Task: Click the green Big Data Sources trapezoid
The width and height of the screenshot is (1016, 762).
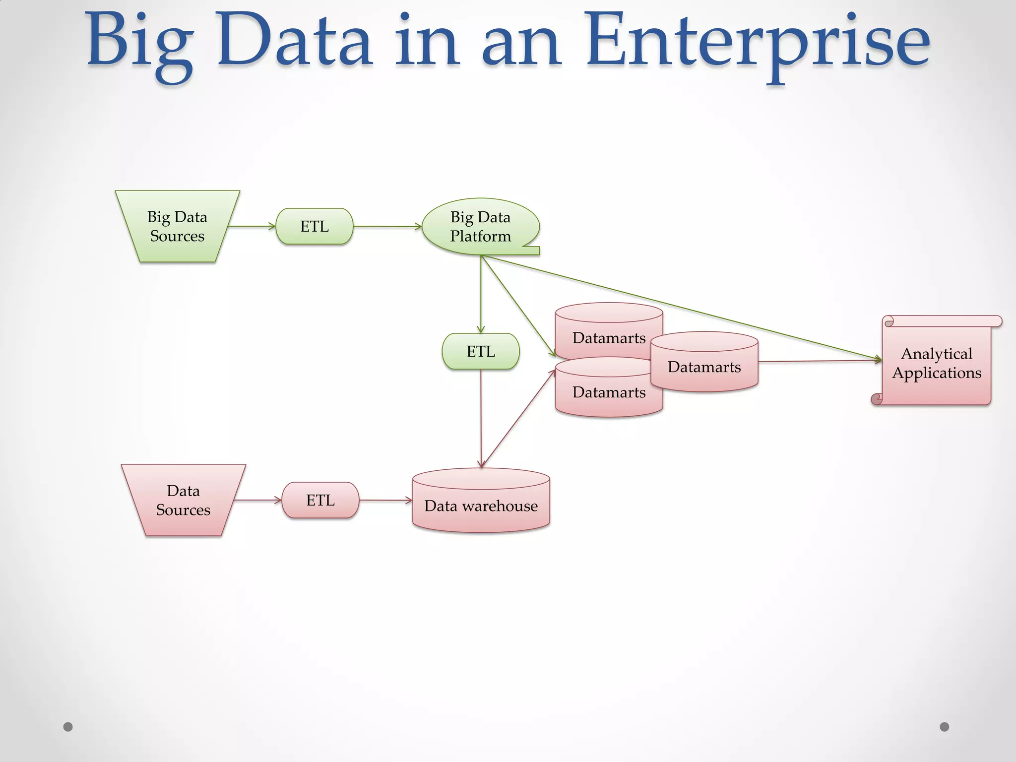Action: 177,226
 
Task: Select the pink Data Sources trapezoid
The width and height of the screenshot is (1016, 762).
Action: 183,500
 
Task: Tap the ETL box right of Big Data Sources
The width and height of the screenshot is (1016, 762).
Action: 315,226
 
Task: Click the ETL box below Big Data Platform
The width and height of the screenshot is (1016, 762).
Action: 481,351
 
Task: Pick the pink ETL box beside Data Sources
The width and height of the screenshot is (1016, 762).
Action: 320,500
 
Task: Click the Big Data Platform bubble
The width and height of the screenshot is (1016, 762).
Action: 480,226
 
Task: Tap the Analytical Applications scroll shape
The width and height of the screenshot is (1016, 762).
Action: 937,363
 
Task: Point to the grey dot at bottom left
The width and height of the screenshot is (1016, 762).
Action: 68,727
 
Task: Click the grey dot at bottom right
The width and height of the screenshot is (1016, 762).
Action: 945,727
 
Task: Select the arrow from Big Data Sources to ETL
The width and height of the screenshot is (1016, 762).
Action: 252,226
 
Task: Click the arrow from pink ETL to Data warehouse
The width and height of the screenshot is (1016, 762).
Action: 385,501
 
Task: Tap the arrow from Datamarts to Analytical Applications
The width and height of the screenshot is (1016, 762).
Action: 819,361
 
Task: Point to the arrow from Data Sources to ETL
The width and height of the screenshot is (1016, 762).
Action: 257,501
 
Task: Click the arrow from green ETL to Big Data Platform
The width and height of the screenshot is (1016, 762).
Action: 387,226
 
